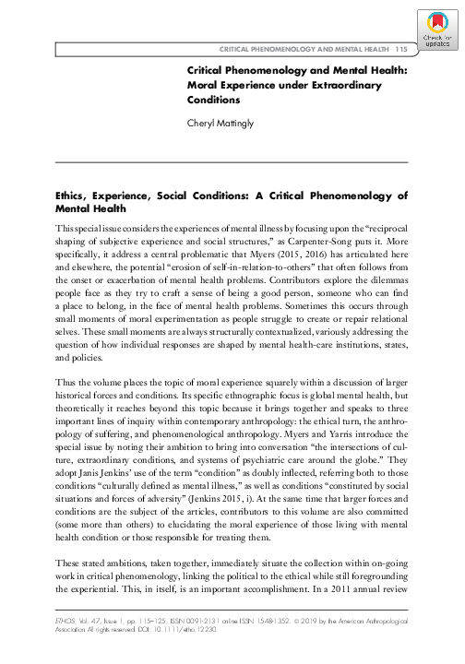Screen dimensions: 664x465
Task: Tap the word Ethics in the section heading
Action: [77, 196]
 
